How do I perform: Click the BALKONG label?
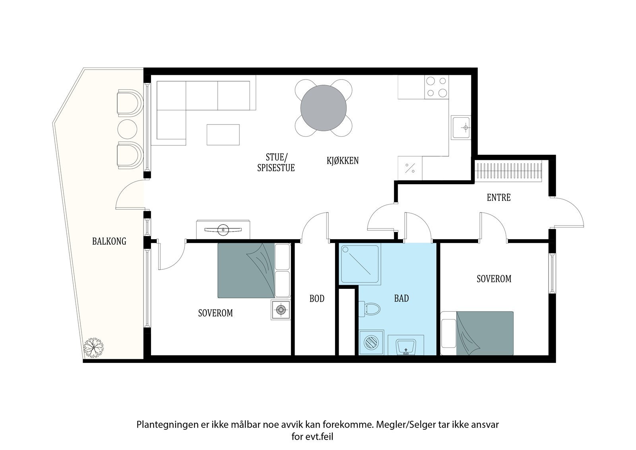[x=109, y=242]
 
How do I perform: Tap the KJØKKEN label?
[x=343, y=161]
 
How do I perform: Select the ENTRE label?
[x=498, y=197]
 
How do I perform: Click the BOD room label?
[x=317, y=298]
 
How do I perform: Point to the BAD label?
[x=401, y=298]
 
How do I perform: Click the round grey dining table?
[x=324, y=108]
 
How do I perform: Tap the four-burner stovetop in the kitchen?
[x=437, y=87]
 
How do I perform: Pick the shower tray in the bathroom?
[x=361, y=264]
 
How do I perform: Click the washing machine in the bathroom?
[x=371, y=342]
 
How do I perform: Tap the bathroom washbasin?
[x=406, y=346]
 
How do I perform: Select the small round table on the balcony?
[x=127, y=129]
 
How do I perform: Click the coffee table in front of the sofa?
[x=223, y=135]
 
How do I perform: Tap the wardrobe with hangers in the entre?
[x=508, y=171]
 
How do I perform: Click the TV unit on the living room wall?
[x=223, y=230]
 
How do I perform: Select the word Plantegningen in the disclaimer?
[x=167, y=425]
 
